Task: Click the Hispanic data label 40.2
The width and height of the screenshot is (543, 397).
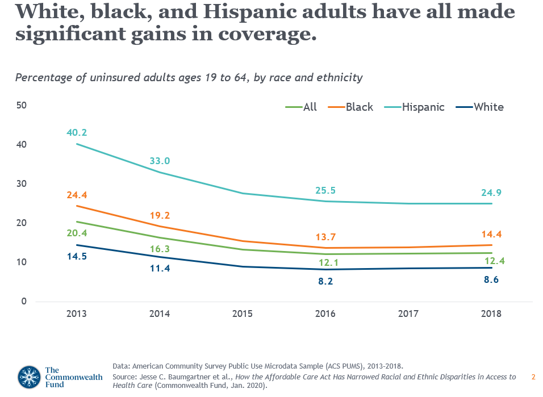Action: (x=76, y=133)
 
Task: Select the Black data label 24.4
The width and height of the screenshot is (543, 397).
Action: (x=76, y=195)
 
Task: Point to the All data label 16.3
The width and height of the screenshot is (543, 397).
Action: (x=160, y=249)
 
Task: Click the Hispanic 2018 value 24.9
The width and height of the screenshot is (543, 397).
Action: (x=491, y=193)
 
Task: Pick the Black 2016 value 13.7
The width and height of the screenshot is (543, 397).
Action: (x=326, y=236)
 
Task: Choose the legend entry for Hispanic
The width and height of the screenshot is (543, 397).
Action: (x=423, y=107)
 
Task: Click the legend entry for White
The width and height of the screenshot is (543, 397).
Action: (x=488, y=107)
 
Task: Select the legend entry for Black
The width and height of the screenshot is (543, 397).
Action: (x=360, y=107)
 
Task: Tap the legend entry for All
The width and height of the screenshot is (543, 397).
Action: (x=310, y=107)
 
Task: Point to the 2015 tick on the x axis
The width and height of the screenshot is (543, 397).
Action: (x=243, y=314)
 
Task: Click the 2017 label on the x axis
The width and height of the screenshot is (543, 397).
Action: (x=408, y=314)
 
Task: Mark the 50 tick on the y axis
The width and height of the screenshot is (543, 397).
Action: (x=22, y=106)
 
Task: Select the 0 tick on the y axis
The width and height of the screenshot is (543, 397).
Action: (x=24, y=301)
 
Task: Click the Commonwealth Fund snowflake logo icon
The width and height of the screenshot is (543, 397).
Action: (x=29, y=377)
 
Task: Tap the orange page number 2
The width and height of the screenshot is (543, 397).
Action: (x=533, y=377)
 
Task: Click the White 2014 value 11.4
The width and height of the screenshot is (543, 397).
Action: (x=160, y=268)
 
